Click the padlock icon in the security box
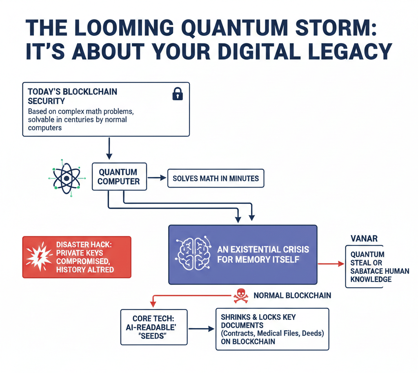point(178,95)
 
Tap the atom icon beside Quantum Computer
point(66,178)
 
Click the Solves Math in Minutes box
point(216,179)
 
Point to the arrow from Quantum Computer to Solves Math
point(157,178)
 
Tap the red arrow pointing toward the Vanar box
point(331,264)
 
